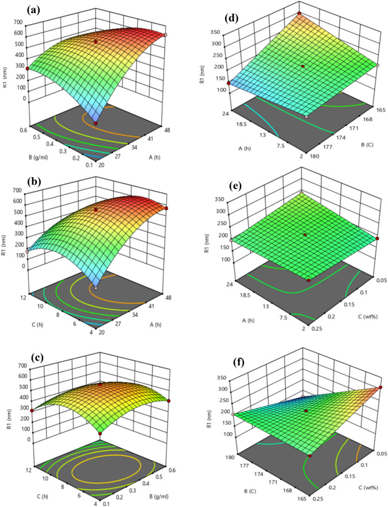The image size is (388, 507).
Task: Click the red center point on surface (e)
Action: [x=305, y=235]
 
